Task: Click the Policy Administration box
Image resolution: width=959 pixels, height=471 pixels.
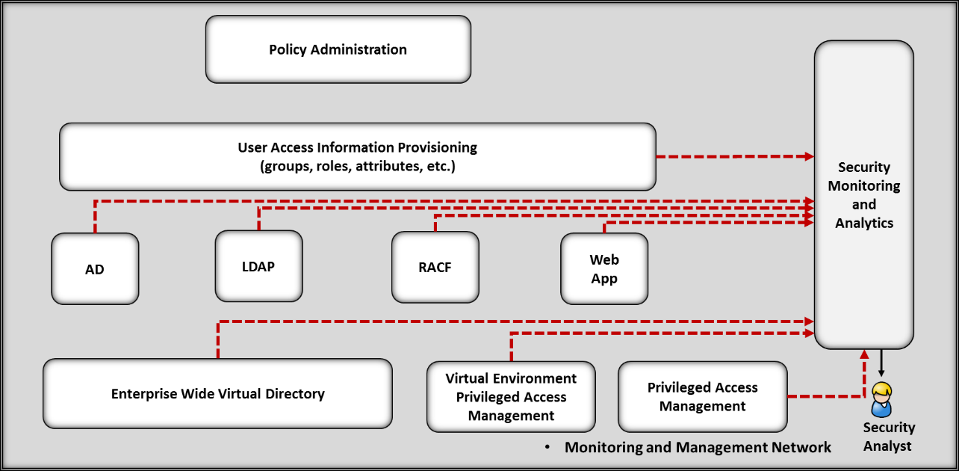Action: tap(338, 49)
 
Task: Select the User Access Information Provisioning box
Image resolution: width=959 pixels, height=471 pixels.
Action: tap(358, 157)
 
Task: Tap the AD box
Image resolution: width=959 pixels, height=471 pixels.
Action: tap(95, 268)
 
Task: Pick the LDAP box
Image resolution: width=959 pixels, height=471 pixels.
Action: tap(258, 266)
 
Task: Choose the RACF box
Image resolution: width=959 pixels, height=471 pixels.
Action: tap(435, 267)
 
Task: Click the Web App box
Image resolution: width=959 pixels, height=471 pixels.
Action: tap(604, 268)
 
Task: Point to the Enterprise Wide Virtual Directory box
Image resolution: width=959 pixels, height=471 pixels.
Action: tap(217, 393)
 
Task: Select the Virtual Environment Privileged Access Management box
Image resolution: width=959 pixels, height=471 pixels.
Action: tap(511, 397)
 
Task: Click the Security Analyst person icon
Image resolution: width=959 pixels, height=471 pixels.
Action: tap(881, 400)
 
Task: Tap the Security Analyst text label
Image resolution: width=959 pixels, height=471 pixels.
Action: tap(889, 437)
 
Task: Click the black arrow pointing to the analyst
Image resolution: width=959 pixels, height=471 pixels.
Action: tap(881, 363)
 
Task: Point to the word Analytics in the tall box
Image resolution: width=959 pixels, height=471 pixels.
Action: tap(864, 223)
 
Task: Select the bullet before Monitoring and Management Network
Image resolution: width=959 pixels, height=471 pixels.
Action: tap(547, 447)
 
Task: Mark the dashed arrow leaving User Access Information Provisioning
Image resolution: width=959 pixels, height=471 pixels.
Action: tap(735, 156)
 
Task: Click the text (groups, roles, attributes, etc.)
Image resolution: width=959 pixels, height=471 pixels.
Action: tap(358, 166)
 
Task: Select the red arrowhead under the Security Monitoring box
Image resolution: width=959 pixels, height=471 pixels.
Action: tap(864, 354)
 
